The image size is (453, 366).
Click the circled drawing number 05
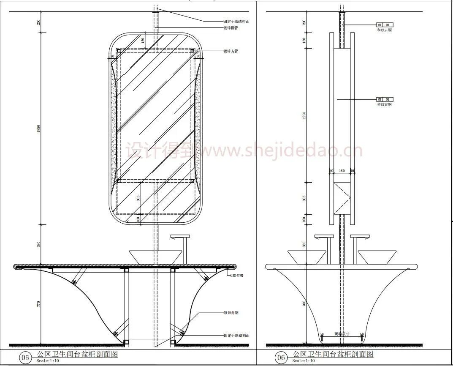[26, 358]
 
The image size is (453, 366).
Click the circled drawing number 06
[281, 358]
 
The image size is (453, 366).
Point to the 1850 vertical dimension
[39, 131]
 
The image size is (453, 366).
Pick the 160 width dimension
[342, 171]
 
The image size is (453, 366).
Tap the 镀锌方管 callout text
[231, 51]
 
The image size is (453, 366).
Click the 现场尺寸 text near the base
[342, 333]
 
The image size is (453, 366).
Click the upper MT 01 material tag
[385, 25]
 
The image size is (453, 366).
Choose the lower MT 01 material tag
[385, 99]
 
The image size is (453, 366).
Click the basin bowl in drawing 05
[155, 257]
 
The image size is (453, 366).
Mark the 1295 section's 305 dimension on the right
[304, 198]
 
